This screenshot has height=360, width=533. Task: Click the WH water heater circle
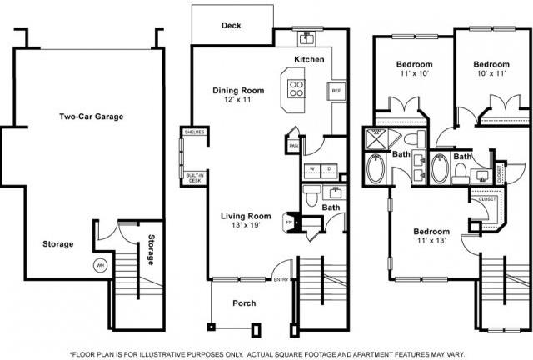coord(101,266)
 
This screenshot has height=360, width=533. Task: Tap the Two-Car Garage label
coord(91,117)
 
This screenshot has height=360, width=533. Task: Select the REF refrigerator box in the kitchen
coord(336,91)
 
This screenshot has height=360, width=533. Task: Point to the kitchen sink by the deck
coord(306,37)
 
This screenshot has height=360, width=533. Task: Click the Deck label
coord(231,26)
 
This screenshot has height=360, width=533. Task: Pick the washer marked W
coord(312,168)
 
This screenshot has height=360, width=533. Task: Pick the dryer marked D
coord(329,168)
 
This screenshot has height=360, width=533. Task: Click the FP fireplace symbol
coord(289,223)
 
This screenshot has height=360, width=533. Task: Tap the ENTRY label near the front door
coord(281,280)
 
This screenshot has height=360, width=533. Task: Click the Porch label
coord(244,302)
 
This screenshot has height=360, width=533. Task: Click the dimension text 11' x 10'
coord(413,74)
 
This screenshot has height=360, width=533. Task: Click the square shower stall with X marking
coord(376,139)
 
